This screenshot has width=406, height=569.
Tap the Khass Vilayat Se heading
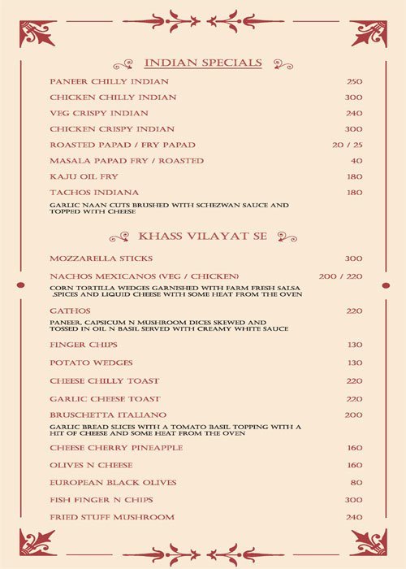coord(202,237)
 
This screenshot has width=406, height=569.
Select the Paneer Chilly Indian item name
coord(109,82)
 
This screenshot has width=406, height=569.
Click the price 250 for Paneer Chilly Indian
coord(353,82)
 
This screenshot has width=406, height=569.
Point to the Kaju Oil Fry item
coord(84,176)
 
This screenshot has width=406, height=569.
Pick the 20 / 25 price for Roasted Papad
coord(347,145)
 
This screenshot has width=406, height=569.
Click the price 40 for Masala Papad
coord(356,161)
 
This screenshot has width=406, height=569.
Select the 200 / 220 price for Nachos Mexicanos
coord(340,277)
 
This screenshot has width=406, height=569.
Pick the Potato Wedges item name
coord(91,363)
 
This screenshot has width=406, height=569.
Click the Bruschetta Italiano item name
coord(108,415)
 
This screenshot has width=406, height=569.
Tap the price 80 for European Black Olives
coord(356,483)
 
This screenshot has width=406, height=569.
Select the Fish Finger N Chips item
coord(101,500)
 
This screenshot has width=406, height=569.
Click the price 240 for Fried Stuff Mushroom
coord(353,518)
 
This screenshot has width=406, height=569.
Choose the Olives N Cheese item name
coord(91,466)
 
